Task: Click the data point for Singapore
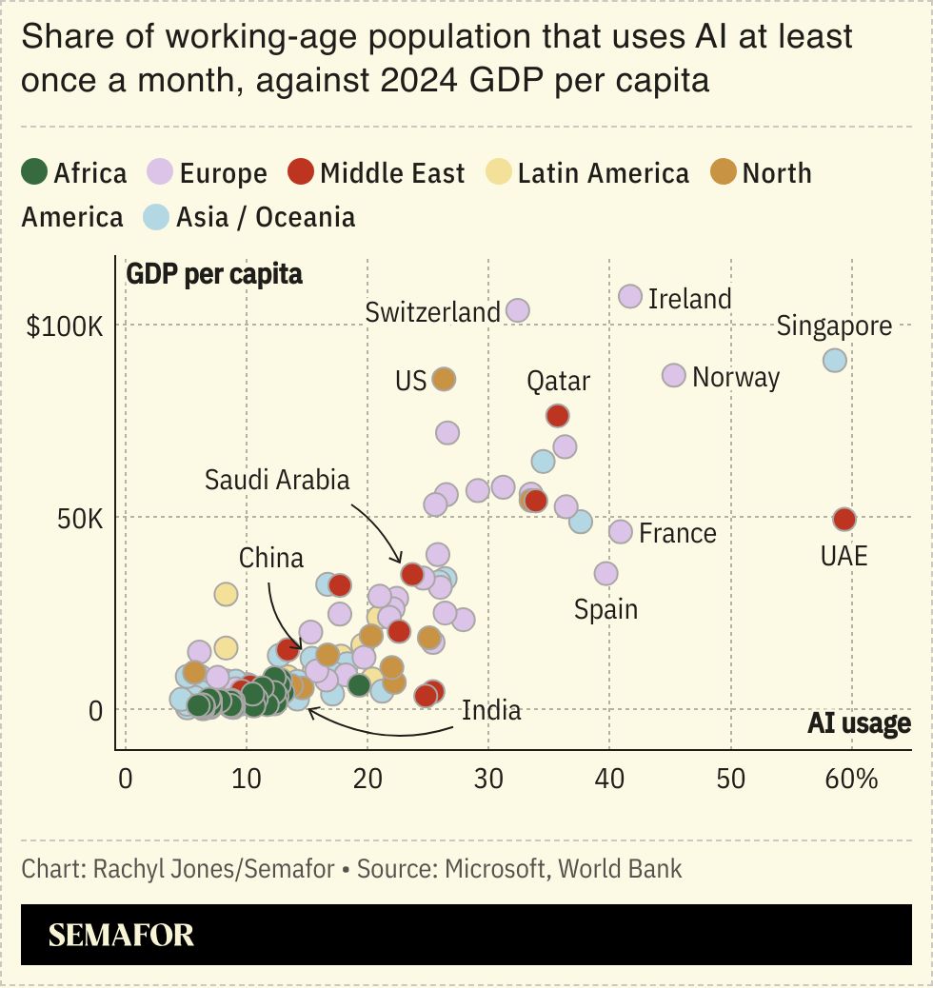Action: coord(835,361)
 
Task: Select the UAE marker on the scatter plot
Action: coord(844,520)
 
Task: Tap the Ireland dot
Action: coord(630,297)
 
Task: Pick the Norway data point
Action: coord(674,375)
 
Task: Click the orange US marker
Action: coord(444,379)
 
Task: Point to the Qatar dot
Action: coord(558,416)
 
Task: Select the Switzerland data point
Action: coord(518,310)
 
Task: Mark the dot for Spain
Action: coord(606,573)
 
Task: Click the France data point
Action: coord(621,531)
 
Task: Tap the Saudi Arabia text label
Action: coord(278,480)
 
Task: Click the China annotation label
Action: coord(271,558)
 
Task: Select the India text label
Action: coord(491,710)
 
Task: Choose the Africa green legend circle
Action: coord(34,173)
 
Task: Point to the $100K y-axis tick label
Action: coord(64,326)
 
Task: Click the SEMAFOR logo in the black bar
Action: coord(121,935)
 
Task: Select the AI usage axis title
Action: coord(859,724)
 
